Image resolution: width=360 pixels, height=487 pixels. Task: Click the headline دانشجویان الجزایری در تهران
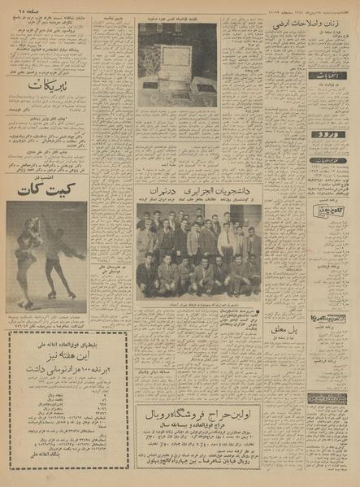[198, 189]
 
